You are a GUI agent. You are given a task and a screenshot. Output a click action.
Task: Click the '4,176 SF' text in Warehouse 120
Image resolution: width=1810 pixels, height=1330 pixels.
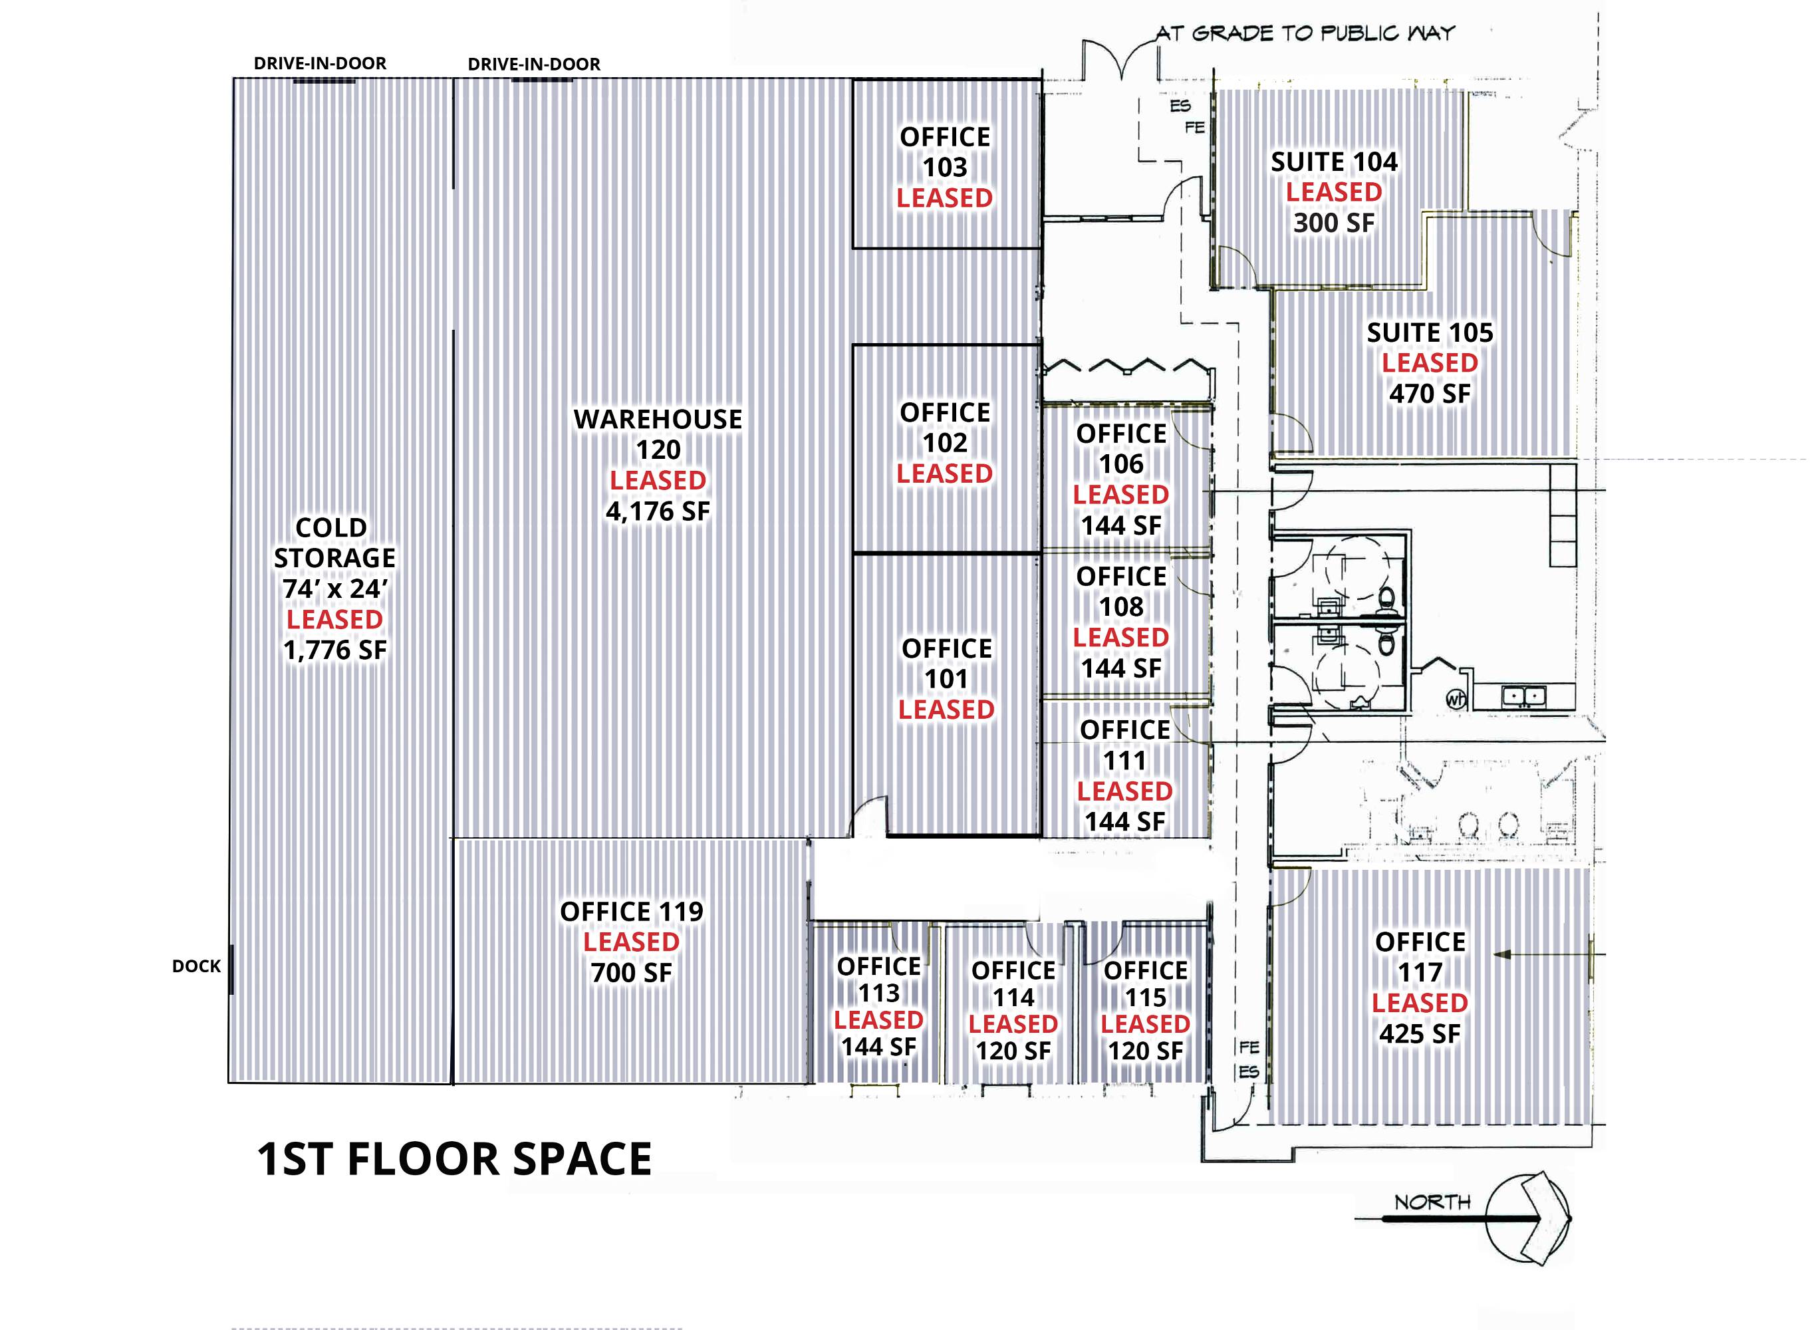pyautogui.click(x=658, y=511)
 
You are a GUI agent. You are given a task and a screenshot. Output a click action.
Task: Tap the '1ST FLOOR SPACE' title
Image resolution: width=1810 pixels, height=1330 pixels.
pyautogui.click(x=455, y=1159)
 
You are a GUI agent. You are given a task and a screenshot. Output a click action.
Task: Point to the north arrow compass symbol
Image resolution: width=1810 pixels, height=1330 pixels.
pyautogui.click(x=1527, y=1218)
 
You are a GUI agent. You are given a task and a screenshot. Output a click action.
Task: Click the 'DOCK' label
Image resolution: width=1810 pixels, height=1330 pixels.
pyautogui.click(x=196, y=966)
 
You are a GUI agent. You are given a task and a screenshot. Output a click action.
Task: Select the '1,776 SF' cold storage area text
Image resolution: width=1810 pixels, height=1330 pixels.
pyautogui.click(x=334, y=650)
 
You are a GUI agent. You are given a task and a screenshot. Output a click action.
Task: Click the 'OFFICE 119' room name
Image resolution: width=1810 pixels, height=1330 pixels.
pyautogui.click(x=632, y=911)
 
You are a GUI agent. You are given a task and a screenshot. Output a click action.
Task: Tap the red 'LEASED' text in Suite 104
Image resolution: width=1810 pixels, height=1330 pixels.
pyautogui.click(x=1333, y=192)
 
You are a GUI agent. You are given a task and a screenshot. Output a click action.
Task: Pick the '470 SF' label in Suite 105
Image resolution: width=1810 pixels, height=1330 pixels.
pyautogui.click(x=1430, y=394)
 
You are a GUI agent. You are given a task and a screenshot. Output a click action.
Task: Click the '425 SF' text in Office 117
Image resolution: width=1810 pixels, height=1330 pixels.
pyautogui.click(x=1420, y=1033)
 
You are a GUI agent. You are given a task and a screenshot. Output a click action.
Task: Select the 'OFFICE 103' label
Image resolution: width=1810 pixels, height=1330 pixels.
pyautogui.click(x=945, y=152)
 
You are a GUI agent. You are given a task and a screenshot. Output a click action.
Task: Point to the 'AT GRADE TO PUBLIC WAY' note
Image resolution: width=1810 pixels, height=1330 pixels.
pyautogui.click(x=1305, y=33)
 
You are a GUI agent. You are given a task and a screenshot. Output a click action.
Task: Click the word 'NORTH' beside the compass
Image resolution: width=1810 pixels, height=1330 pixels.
pyautogui.click(x=1432, y=1202)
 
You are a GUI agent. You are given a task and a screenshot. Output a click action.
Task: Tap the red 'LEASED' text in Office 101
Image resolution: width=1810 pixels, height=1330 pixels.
pyautogui.click(x=946, y=710)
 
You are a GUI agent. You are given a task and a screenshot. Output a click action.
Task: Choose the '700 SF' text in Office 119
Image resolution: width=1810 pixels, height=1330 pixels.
pyautogui.click(x=632, y=972)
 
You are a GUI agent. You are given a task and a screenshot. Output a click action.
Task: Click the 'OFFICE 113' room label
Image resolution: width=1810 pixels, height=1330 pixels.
pyautogui.click(x=879, y=979)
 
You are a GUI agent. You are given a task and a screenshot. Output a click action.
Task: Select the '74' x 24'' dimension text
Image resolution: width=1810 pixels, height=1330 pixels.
pyautogui.click(x=334, y=589)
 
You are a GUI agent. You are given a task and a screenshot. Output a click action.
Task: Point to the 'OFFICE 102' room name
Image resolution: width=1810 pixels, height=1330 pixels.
pyautogui.click(x=945, y=428)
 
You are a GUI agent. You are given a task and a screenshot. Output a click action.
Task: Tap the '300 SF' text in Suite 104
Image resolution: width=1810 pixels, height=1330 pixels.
pyautogui.click(x=1333, y=222)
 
